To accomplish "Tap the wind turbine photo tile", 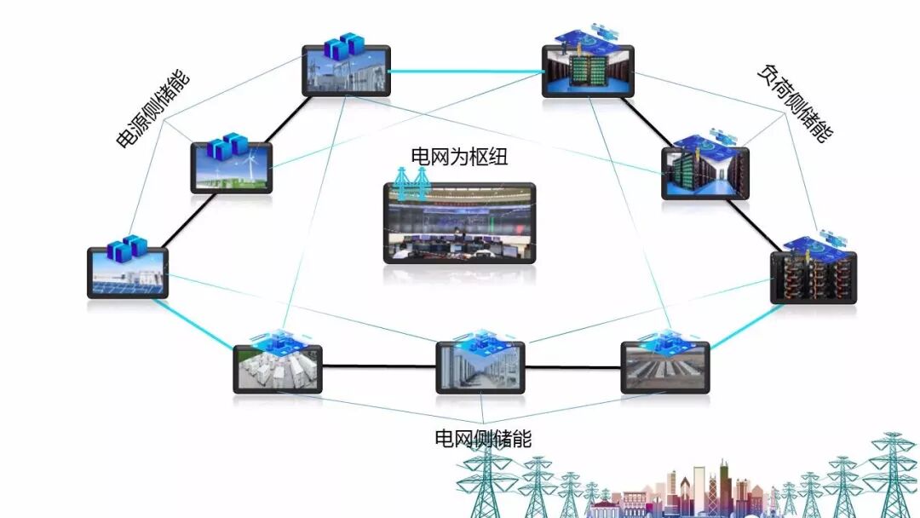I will click(231, 168).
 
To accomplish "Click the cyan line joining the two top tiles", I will click(465, 72).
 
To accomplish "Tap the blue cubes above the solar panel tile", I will click(127, 248).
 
